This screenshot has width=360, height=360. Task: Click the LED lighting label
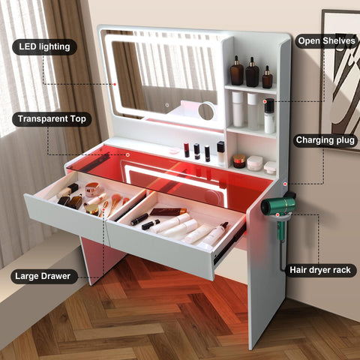[44, 47]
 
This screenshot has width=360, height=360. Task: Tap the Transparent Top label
[52, 119]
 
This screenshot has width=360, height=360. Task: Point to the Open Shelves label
[326, 40]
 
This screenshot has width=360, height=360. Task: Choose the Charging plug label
[325, 140]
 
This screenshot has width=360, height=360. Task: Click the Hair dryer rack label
[320, 270]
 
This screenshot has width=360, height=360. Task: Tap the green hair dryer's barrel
[277, 205]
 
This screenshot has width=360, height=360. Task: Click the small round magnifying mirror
[206, 112]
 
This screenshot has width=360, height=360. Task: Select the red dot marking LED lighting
[115, 84]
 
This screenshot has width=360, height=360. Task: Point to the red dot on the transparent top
[127, 155]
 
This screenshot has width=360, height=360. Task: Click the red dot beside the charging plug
[285, 184]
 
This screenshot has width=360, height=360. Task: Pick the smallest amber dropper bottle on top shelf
[267, 77]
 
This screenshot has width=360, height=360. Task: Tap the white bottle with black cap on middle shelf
[269, 115]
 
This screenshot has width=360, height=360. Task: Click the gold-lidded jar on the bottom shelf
[239, 161]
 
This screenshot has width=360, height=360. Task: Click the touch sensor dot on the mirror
[167, 105]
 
